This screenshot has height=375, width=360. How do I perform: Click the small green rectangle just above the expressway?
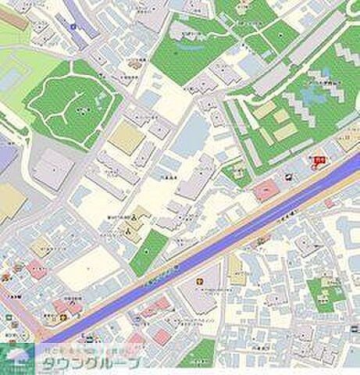148,252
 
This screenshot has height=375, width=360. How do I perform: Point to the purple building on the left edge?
6,156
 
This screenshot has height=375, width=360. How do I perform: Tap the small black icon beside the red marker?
291,177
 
